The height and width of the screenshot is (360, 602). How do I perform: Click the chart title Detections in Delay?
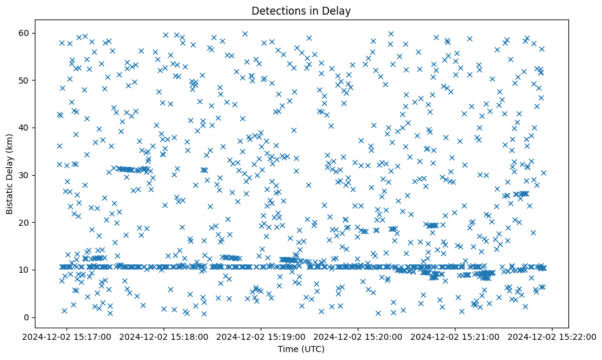(x=301, y=11)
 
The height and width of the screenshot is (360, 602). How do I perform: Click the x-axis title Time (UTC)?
(x=301, y=350)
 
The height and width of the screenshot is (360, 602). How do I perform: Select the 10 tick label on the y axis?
(x=38, y=270)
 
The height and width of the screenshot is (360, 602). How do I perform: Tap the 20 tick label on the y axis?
(x=38, y=223)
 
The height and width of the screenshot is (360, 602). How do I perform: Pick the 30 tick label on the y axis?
(x=38, y=175)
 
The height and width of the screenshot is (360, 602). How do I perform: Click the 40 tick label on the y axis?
(x=38, y=128)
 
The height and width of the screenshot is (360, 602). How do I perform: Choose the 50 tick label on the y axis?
(x=38, y=81)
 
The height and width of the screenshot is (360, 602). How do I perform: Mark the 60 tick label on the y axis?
(x=38, y=33)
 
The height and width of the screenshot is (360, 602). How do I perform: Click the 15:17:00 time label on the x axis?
(x=67, y=336)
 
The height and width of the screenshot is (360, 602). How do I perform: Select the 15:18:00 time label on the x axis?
(x=164, y=336)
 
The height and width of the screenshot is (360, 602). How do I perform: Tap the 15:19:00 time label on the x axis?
(x=261, y=336)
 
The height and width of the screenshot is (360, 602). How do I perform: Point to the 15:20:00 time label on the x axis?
(x=358, y=336)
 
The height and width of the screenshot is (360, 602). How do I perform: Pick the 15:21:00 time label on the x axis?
(x=455, y=336)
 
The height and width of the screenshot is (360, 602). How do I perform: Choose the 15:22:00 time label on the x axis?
(x=553, y=336)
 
